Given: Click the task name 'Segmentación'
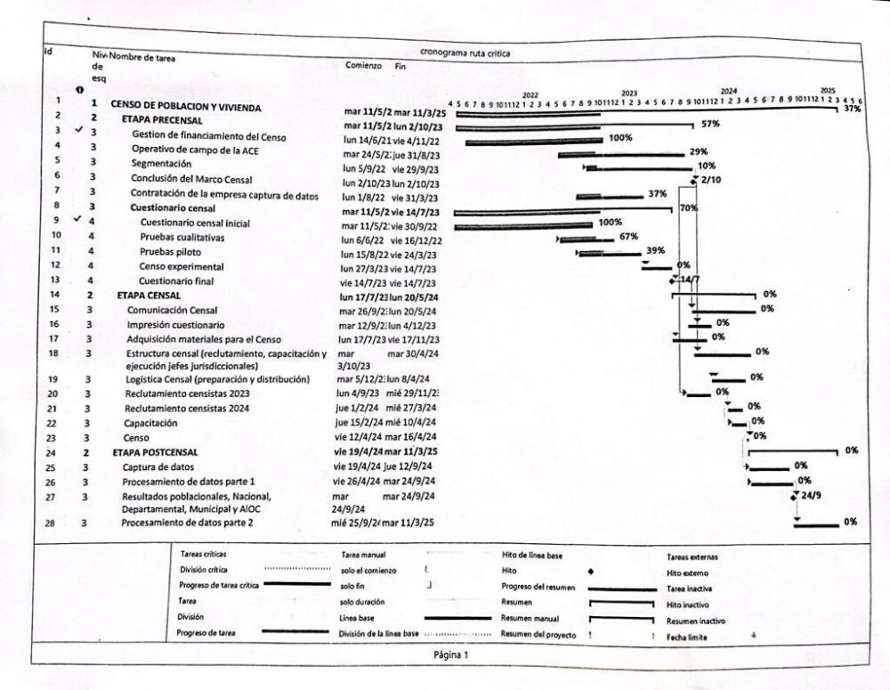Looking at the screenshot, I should coord(161,164).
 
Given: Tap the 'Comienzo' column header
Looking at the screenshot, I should coord(363,66).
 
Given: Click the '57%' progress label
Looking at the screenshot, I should coord(710,124).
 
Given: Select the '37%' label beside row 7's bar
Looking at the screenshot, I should coord(657,194).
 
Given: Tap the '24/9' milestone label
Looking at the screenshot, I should coord(811,494).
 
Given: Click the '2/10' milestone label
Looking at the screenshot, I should coord(710,180).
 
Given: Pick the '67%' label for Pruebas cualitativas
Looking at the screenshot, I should coord(628,237).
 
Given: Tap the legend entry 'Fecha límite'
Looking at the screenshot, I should coord(686,637).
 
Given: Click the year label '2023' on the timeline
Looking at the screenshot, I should coord(629,93).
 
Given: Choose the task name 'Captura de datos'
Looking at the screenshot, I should coord(158,467).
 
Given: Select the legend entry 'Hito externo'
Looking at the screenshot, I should coord(687,573).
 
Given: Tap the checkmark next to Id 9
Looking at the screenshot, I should coord(79,220).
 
